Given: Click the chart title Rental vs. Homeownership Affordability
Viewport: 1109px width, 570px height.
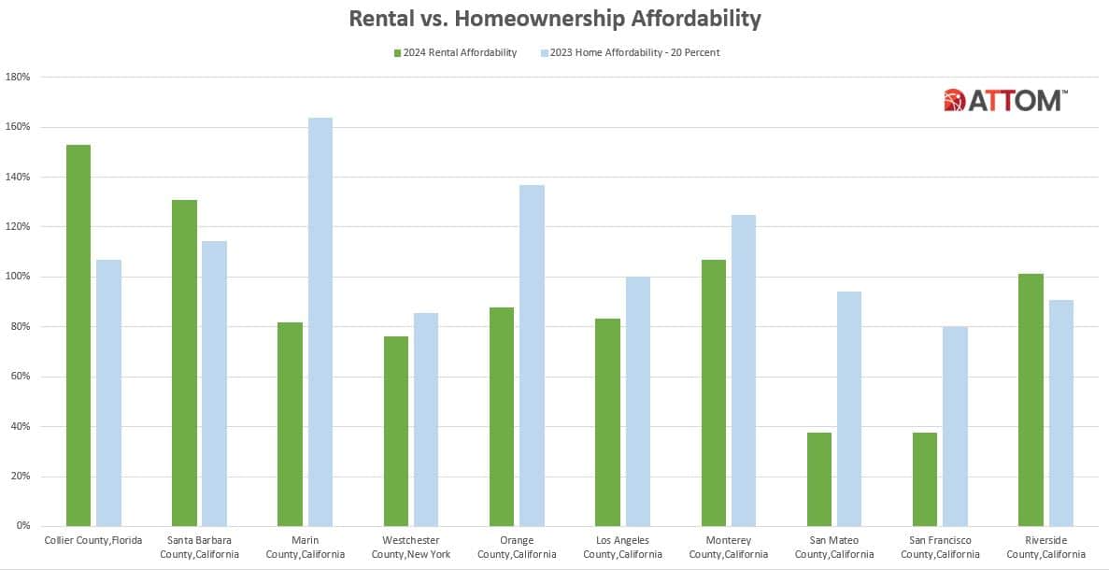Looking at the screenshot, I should [x=554, y=19].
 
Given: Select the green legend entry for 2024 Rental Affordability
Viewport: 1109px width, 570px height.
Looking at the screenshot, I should [x=454, y=53].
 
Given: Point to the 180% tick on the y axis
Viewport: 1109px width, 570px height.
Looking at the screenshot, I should [x=19, y=78].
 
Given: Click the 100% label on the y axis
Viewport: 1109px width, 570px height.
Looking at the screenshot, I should [x=19, y=277].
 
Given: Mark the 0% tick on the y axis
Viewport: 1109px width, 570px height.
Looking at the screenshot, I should [x=23, y=526].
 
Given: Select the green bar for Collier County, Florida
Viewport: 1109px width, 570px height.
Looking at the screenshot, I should [x=78, y=335].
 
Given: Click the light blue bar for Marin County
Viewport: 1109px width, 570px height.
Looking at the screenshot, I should [x=320, y=322].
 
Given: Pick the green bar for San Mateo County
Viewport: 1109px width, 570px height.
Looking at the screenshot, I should [x=819, y=479].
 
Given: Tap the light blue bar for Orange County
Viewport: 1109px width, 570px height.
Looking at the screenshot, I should [x=532, y=356].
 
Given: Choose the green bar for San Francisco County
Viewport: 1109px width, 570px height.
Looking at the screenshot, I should [x=925, y=479].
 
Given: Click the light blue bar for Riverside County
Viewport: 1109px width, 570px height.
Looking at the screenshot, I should [x=1061, y=413].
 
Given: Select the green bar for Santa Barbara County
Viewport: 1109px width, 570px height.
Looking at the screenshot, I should [x=184, y=363].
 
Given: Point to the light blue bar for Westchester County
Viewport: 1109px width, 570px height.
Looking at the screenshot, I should [x=426, y=420].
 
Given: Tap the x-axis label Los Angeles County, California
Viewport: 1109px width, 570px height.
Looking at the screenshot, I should [x=623, y=547].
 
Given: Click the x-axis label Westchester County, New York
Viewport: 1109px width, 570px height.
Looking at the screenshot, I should [x=411, y=547].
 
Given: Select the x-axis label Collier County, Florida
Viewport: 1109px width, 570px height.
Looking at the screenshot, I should [x=93, y=540].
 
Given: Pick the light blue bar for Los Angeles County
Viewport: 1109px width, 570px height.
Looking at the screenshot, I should [x=638, y=402].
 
